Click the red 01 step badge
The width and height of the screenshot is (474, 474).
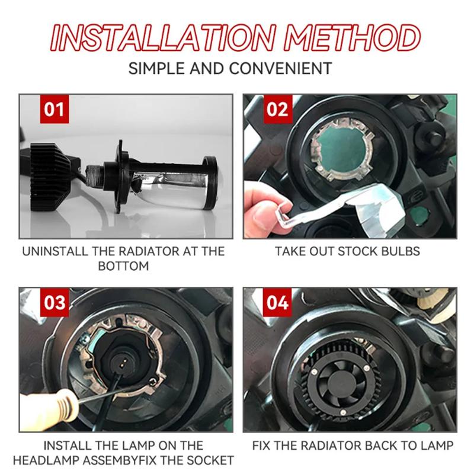pos(55,109)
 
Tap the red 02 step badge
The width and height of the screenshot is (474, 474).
pos(278,109)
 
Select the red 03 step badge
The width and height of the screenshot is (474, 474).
pos(55,302)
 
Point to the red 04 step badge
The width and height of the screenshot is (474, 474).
pos(278,302)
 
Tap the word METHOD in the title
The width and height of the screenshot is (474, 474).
pos(352,37)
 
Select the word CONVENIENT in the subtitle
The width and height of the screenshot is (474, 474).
pos(280,68)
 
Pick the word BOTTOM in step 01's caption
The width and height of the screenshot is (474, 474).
pos(123,266)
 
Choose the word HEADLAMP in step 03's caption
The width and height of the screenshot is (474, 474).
pos(46,460)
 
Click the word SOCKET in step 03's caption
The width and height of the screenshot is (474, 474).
pos(210,460)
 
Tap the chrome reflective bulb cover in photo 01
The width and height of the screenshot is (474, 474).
pos(173,190)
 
